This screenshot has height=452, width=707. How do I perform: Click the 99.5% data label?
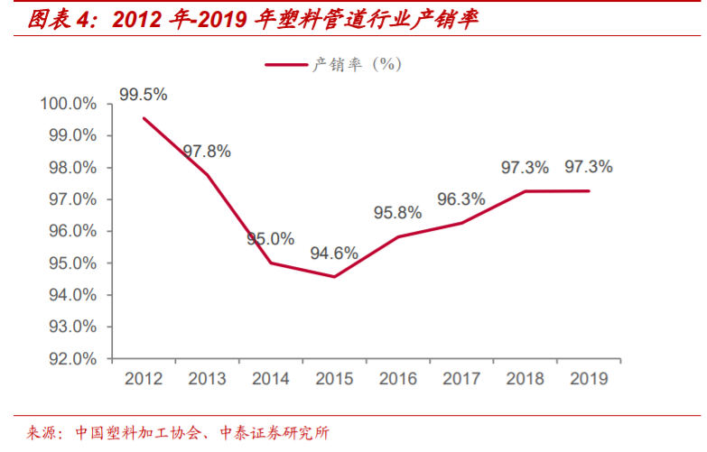(x=144, y=94)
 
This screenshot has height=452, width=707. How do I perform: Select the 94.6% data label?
(x=334, y=254)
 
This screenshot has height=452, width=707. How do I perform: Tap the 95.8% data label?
(x=398, y=213)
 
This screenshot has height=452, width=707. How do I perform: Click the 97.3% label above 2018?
(x=525, y=167)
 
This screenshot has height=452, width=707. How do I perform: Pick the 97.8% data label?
(x=207, y=152)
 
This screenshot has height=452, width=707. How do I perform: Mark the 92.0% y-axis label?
(x=71, y=358)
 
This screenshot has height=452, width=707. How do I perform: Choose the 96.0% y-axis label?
(x=71, y=231)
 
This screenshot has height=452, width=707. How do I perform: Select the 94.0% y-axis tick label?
(x=71, y=295)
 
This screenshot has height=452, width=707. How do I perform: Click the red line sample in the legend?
(x=286, y=64)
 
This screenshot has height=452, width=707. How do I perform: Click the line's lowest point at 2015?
(x=334, y=276)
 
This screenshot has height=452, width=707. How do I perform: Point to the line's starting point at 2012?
(x=144, y=118)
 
